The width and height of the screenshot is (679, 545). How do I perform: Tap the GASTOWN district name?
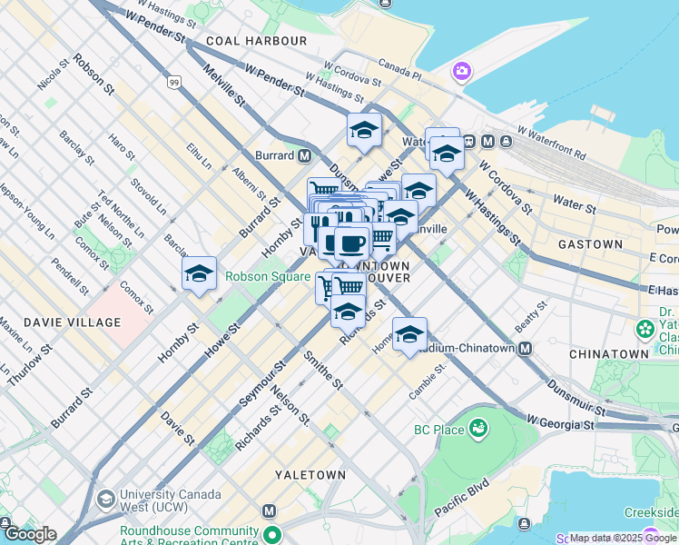[590, 244]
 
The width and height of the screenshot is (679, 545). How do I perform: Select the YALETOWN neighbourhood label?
[310, 475]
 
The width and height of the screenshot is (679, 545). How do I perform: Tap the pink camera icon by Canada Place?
[463, 71]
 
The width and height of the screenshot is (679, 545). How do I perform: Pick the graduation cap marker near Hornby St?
[199, 273]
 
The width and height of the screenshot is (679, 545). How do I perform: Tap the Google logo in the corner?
[29, 534]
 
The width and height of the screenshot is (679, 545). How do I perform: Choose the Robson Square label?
[269, 276]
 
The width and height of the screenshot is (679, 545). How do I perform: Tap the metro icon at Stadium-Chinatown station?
[525, 348]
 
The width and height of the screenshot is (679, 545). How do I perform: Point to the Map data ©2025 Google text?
[623, 538]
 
